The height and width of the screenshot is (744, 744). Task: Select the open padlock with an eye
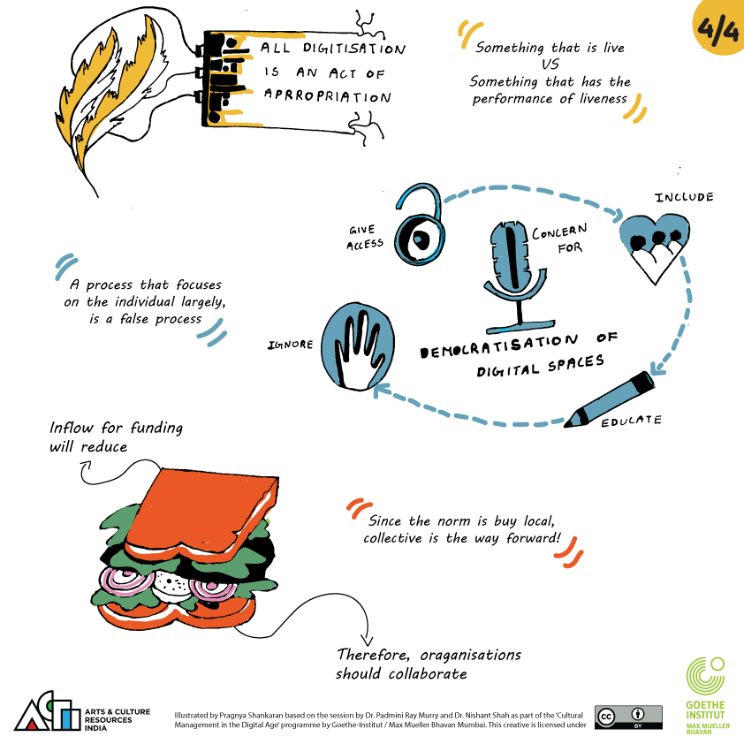pyautogui.click(x=420, y=224)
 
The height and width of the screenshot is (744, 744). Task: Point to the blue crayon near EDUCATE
pyautogui.click(x=609, y=399)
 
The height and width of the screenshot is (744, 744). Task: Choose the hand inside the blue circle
pyautogui.click(x=358, y=346)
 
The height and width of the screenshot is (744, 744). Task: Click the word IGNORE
pyautogui.click(x=291, y=345)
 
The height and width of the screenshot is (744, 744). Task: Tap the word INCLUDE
pyautogui.click(x=684, y=197)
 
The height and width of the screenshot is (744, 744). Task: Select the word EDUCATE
pyautogui.click(x=631, y=421)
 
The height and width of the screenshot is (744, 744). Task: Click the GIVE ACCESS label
pyautogui.click(x=364, y=237)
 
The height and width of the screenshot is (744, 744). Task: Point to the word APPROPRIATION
pyautogui.click(x=328, y=95)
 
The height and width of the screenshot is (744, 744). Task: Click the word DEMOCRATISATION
pyautogui.click(x=499, y=346)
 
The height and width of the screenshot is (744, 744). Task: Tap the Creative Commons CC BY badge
pyautogui.click(x=629, y=717)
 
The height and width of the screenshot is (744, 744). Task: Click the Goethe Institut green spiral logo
pyautogui.click(x=705, y=676)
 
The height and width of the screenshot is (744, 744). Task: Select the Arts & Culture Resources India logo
pyautogui.click(x=81, y=712)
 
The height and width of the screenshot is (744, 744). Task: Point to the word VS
pyautogui.click(x=550, y=64)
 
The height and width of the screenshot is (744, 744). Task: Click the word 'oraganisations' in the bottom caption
pyautogui.click(x=471, y=656)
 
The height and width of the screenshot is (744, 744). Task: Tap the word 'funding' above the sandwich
pyautogui.click(x=156, y=429)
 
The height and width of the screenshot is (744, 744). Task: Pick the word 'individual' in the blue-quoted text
pyautogui.click(x=145, y=302)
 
